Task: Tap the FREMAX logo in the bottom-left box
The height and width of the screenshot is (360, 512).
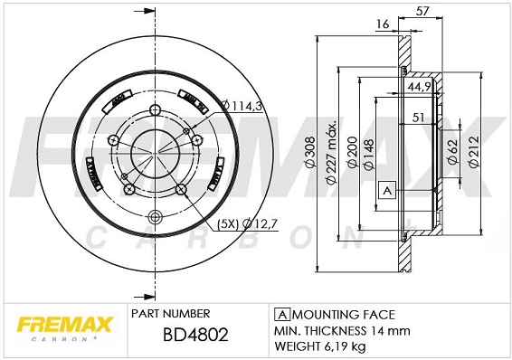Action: (60, 321)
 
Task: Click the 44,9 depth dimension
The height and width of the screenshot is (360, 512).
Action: (419, 87)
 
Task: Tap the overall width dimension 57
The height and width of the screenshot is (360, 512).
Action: (422, 11)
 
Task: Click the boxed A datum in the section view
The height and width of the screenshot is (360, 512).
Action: (386, 191)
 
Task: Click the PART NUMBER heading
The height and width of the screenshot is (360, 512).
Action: (171, 313)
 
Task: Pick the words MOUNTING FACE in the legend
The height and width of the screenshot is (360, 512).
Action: (343, 314)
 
